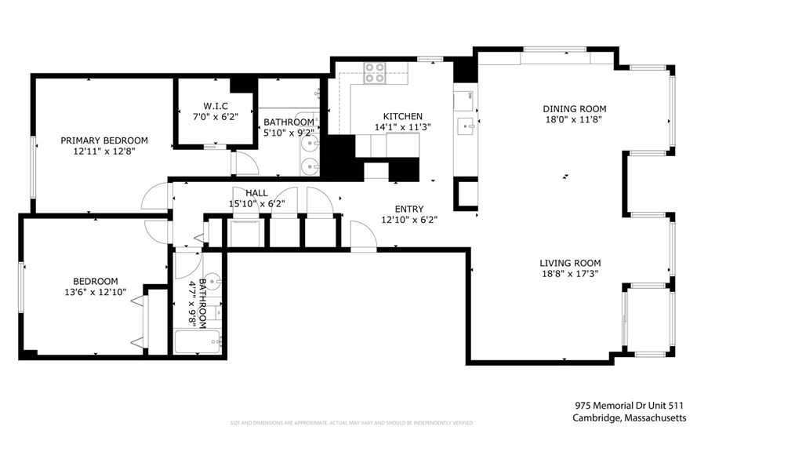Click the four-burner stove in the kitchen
click(x=374, y=73)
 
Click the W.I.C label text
click(x=216, y=106)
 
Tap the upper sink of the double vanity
click(x=310, y=146)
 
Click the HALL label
click(x=256, y=192)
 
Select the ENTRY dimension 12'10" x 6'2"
click(x=409, y=220)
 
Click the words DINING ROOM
click(x=575, y=109)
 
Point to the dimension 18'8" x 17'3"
click(x=570, y=274)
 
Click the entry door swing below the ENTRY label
click(x=361, y=236)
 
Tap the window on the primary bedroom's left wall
click(x=33, y=166)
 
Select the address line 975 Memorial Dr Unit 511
click(x=630, y=406)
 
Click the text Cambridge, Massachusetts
click(x=630, y=418)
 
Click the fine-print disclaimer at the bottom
click(x=352, y=423)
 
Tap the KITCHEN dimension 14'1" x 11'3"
click(x=402, y=126)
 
